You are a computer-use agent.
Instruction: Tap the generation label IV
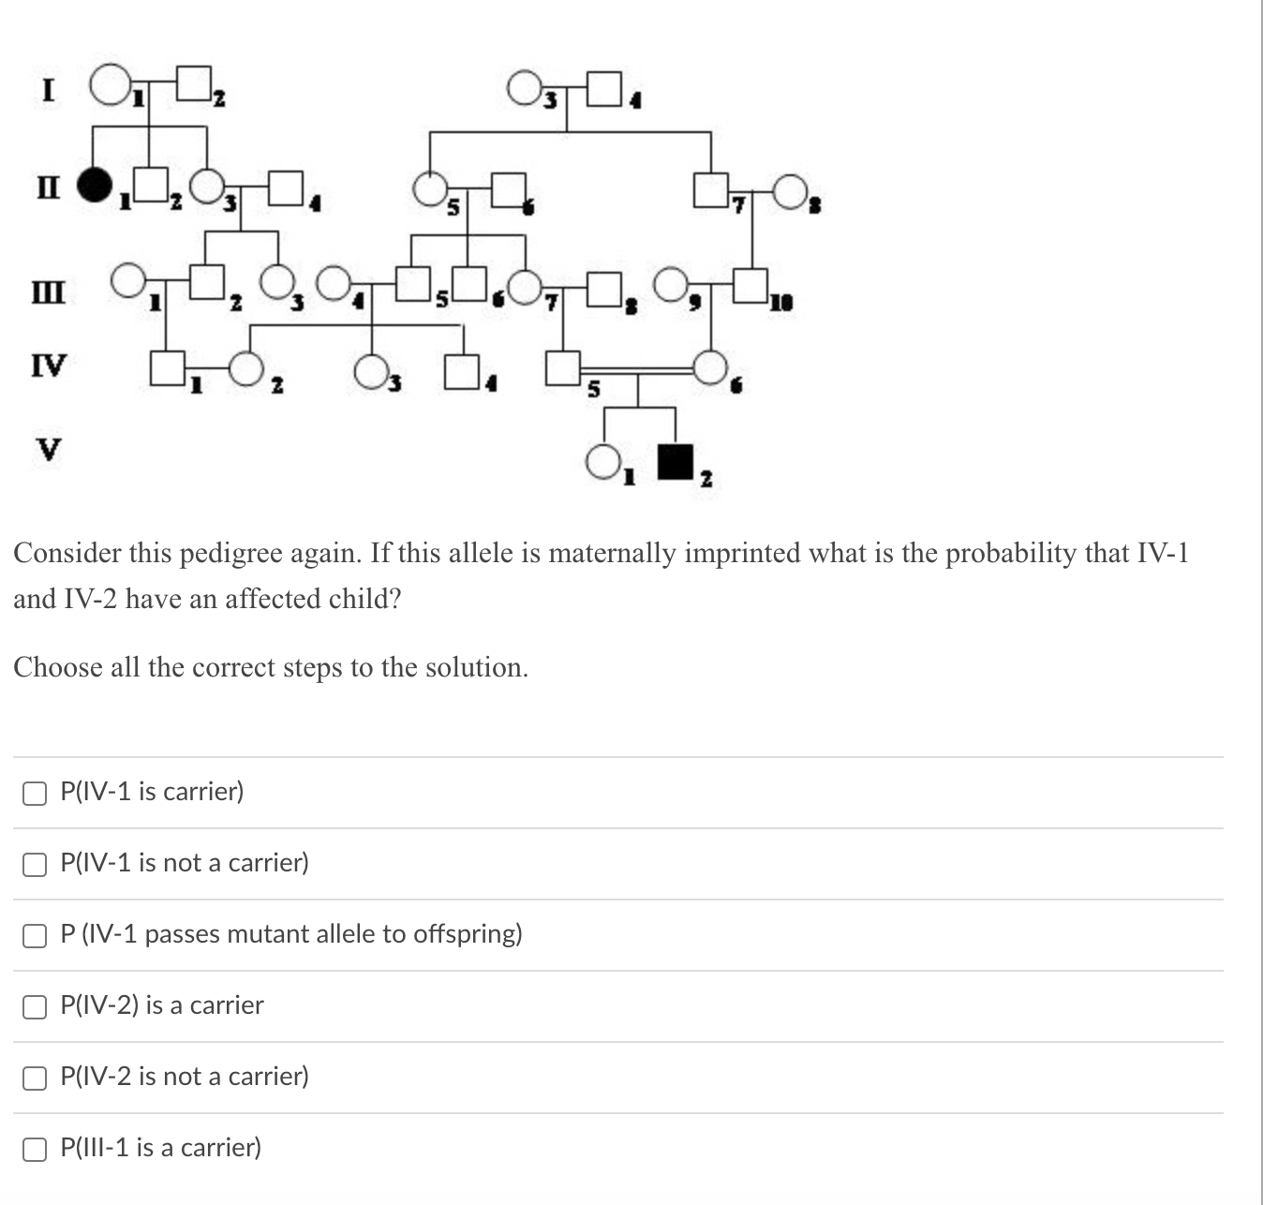pos(49,364)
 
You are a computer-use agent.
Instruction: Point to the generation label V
pos(48,449)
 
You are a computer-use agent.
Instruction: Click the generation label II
pos(49,187)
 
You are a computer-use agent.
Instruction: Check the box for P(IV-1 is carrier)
pos(35,793)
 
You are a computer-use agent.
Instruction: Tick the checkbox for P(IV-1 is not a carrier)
pos(35,864)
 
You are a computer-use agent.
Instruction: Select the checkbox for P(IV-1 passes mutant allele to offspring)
pos(35,935)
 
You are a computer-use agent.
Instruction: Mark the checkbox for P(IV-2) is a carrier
pos(35,1006)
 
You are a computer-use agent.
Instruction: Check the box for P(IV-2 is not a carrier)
pos(35,1078)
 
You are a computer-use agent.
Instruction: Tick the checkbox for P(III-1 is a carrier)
pos(35,1149)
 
